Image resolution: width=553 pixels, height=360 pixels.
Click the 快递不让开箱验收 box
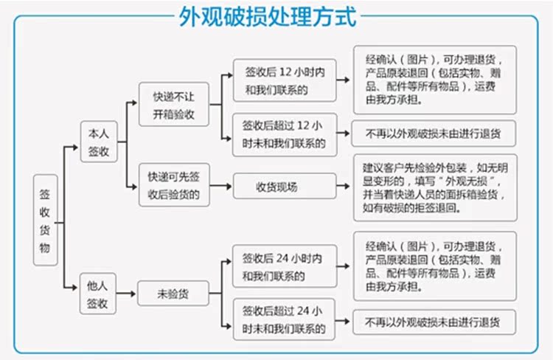click(x=174, y=105)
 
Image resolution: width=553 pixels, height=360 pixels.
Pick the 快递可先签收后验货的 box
click(x=174, y=186)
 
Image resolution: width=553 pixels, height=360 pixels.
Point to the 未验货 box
click(x=173, y=294)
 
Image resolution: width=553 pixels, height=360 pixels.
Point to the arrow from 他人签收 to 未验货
click(x=127, y=294)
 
